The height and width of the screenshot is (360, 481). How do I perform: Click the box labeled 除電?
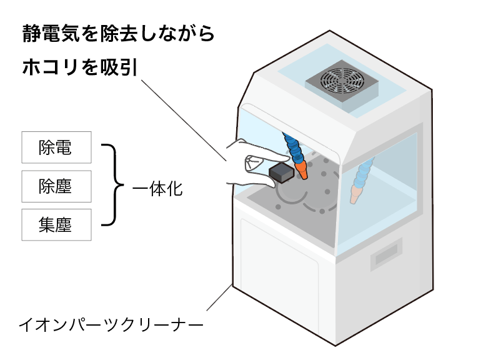[x=56, y=147]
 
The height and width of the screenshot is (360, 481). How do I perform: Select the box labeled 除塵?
[x=56, y=186]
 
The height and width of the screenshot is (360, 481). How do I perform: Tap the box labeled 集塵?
[x=56, y=225]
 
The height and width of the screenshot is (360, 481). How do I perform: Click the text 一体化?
[x=157, y=187]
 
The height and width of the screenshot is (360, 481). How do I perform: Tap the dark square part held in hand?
[x=281, y=172]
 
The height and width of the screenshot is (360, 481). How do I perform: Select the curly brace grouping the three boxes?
[x=112, y=186]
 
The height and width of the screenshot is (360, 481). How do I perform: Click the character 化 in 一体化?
[x=175, y=187]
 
